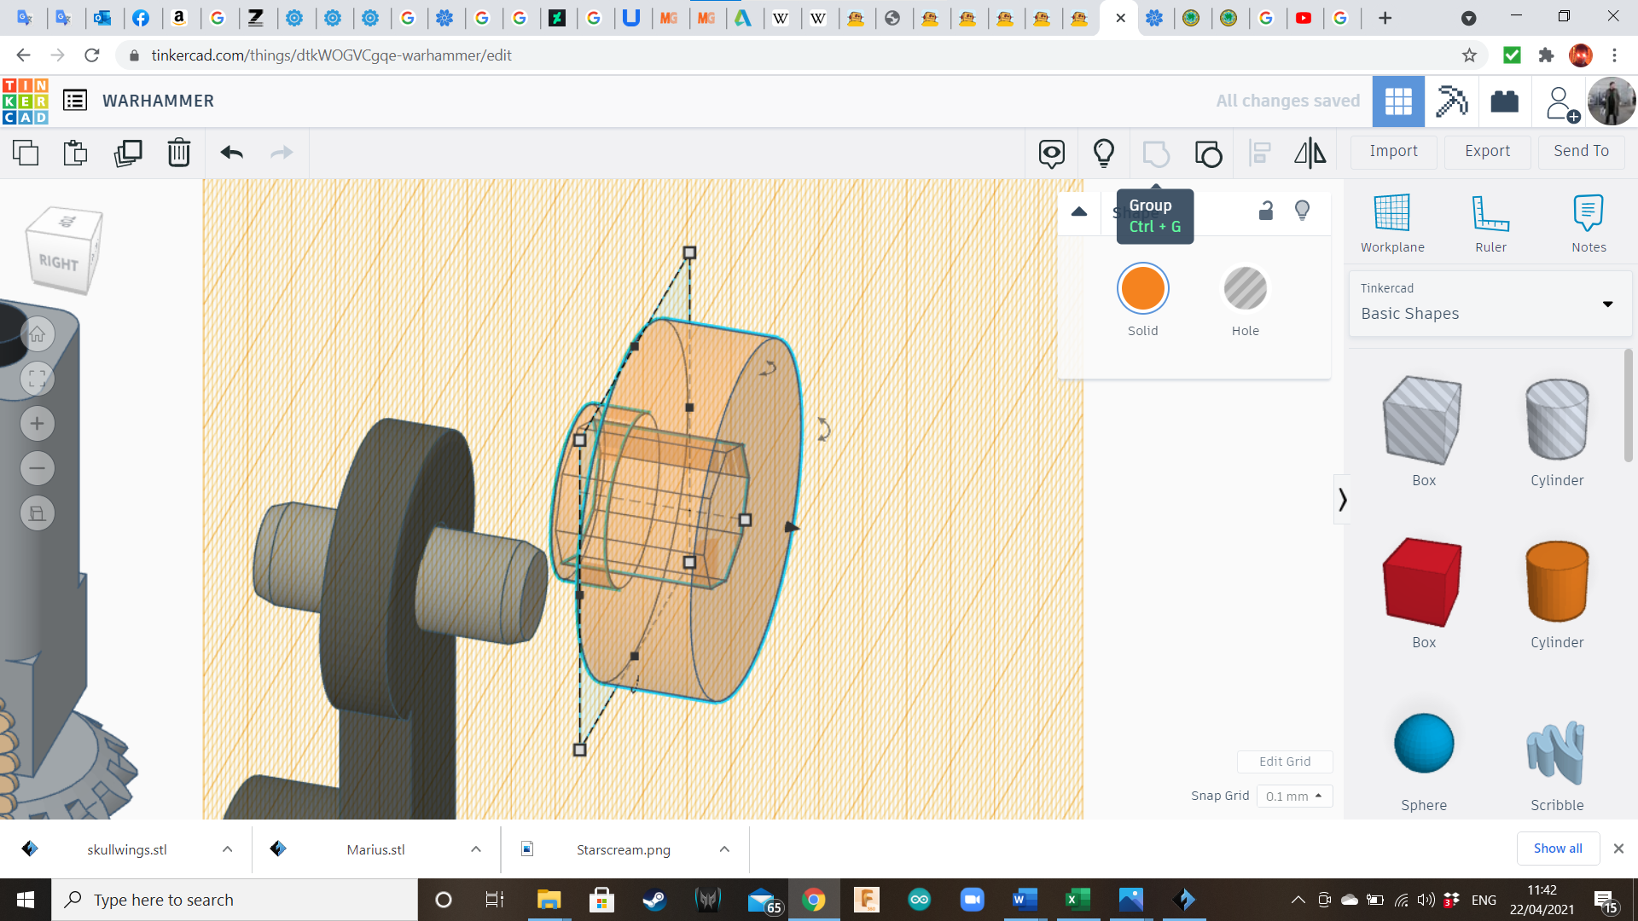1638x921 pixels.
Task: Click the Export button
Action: pyautogui.click(x=1487, y=151)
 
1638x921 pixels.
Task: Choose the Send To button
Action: pyautogui.click(x=1581, y=151)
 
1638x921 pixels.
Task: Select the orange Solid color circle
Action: pyautogui.click(x=1142, y=288)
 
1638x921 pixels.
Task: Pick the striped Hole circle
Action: pyautogui.click(x=1245, y=288)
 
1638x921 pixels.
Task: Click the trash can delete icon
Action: pyautogui.click(x=178, y=153)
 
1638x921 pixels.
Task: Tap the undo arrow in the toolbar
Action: pyautogui.click(x=231, y=153)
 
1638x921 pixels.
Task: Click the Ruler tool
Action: pyautogui.click(x=1490, y=223)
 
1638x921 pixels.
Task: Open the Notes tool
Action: pyautogui.click(x=1589, y=223)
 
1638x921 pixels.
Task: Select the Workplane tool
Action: pyautogui.click(x=1392, y=223)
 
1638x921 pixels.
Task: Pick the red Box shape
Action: pyautogui.click(x=1423, y=582)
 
